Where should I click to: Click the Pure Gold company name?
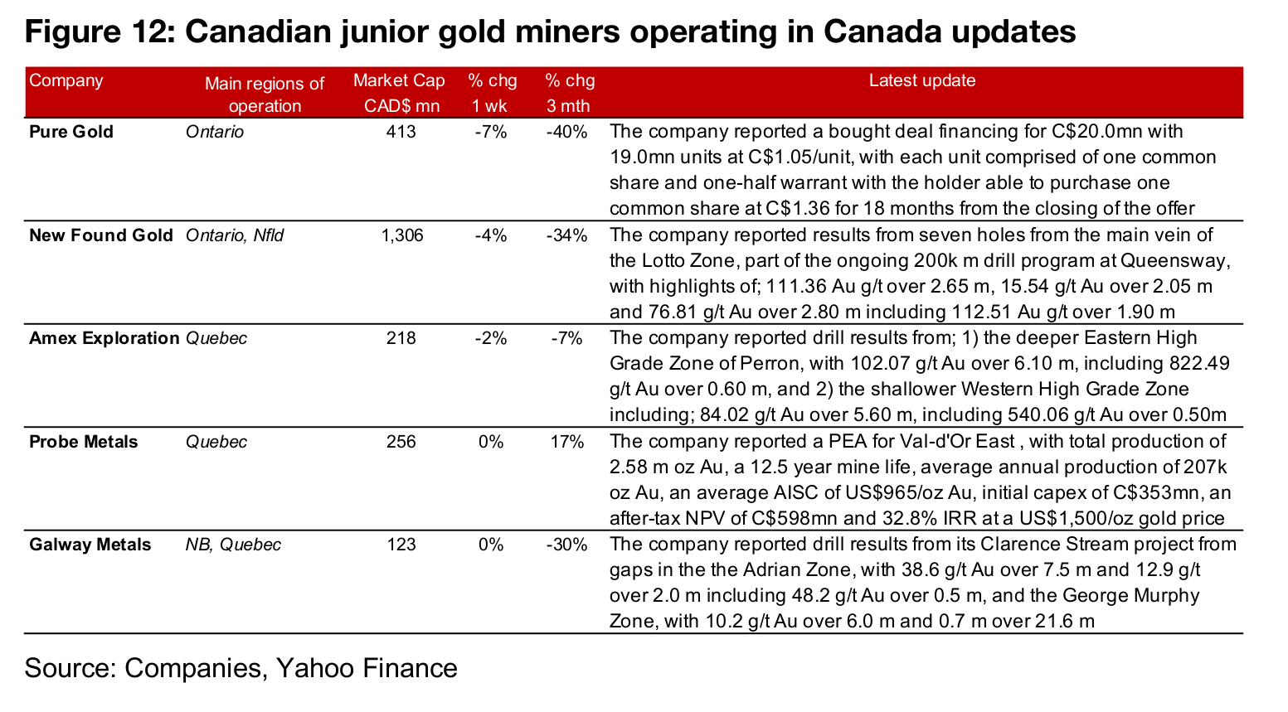71,132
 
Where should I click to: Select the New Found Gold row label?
101,235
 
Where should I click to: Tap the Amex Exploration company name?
104,338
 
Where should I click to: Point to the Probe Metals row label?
83,442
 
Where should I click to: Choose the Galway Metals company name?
90,545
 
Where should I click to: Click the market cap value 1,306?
401,235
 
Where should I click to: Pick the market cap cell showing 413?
401,132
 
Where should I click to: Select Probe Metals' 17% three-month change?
567,442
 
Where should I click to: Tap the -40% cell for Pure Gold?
567,132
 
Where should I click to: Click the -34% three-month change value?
567,235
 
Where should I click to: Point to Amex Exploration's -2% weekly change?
491,338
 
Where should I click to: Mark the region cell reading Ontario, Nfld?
235,235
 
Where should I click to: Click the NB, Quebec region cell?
233,545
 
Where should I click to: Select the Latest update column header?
922,81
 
